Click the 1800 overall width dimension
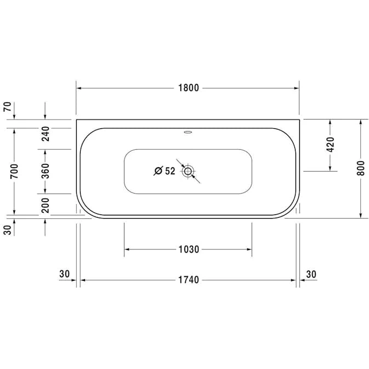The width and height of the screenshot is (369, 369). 189,88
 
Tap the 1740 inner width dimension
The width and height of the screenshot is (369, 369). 189,280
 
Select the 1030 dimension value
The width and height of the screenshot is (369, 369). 189,249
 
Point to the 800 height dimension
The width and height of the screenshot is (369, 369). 361,168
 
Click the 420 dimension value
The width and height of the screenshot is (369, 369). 331,145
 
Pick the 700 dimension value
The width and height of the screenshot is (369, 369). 14,171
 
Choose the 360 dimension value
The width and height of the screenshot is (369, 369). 45,171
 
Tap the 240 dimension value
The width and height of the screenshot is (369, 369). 45,134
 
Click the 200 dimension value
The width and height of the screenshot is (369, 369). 45,206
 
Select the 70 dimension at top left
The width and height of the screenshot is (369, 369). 7,106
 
